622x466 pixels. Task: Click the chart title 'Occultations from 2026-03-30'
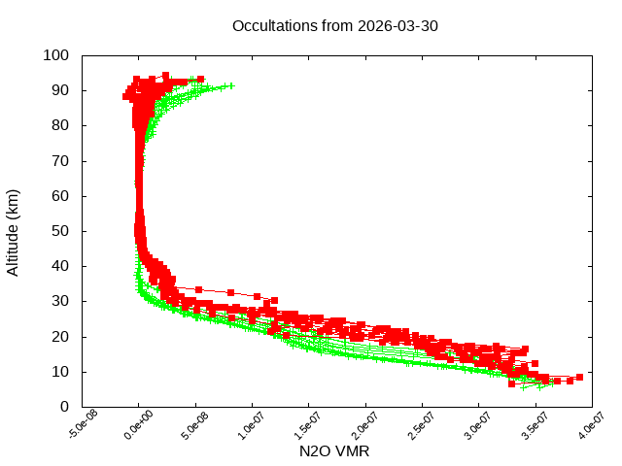click(335, 25)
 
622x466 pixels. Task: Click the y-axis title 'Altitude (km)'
click(14, 231)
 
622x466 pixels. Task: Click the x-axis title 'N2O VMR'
click(335, 451)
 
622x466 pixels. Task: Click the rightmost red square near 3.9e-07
click(579, 377)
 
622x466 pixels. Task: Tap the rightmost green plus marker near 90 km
click(231, 86)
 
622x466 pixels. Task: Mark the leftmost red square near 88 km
click(126, 96)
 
